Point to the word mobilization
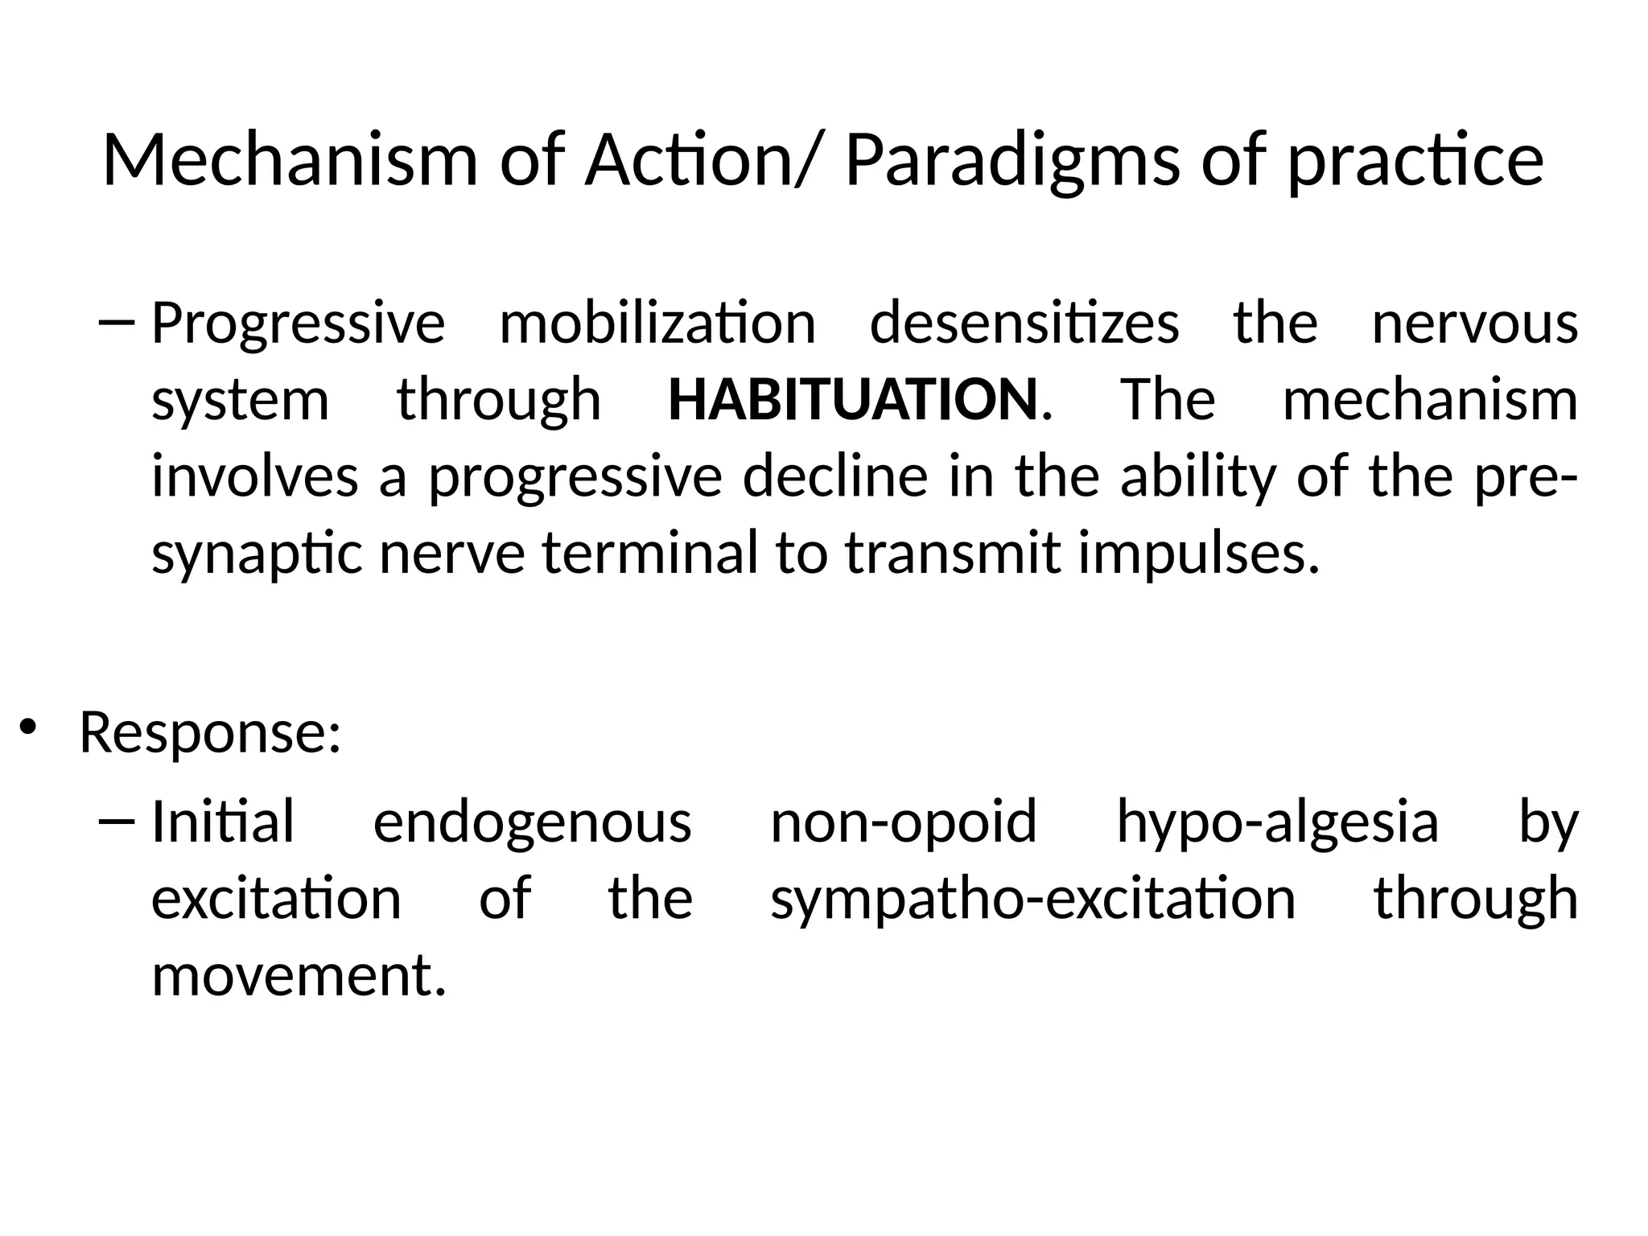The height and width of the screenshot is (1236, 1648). click(657, 323)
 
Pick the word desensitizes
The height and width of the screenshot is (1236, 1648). click(1024, 323)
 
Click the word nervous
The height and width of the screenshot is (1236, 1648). click(1474, 323)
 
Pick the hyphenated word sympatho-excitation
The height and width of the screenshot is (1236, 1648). click(1032, 900)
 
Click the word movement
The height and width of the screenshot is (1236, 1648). click(298, 976)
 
